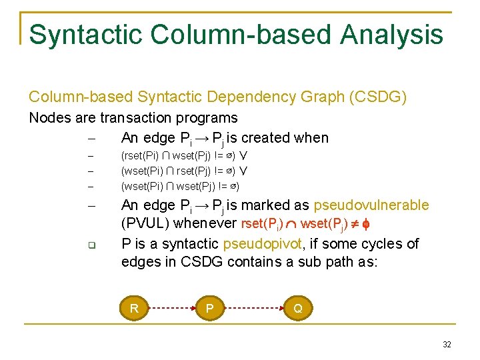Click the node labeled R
[134, 308]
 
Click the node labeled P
[210, 308]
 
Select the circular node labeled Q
[297, 308]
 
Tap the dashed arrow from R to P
[172, 309]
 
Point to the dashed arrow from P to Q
[253, 309]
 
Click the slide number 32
[447, 345]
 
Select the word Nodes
[47, 118]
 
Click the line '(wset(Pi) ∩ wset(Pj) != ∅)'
[180, 186]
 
